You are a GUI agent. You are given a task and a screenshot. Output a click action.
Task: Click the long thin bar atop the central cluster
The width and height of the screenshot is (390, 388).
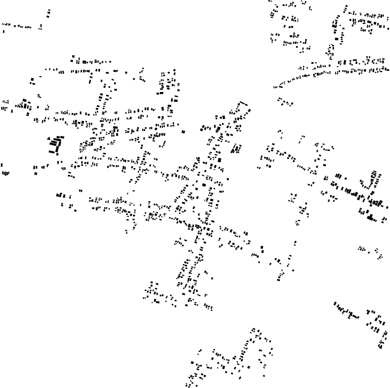tap(243, 103)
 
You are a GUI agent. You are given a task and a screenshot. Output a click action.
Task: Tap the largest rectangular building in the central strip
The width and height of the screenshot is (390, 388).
tap(220, 160)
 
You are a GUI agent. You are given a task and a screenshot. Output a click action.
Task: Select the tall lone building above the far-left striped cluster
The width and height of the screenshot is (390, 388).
tap(2, 165)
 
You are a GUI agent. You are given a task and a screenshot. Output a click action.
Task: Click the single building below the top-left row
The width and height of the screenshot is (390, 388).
tap(4, 31)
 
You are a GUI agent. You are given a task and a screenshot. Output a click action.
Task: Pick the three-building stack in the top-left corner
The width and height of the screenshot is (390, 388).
tap(49, 13)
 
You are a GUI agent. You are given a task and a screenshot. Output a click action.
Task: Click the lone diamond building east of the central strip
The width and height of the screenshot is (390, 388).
tap(228, 179)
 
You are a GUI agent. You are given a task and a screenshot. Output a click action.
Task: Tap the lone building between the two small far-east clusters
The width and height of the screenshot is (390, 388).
tap(369, 252)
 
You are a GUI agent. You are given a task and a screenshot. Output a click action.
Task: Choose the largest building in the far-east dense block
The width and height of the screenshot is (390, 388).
tap(370, 217)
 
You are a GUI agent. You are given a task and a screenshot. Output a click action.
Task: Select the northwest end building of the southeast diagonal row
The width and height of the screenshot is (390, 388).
tap(335, 304)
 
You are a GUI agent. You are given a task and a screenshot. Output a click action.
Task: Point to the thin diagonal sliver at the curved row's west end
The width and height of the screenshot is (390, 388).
tap(276, 87)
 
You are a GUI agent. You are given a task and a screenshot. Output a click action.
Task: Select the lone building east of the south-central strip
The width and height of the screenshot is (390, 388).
tap(212, 278)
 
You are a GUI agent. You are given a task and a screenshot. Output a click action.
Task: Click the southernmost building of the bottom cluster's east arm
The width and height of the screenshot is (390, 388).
tap(264, 375)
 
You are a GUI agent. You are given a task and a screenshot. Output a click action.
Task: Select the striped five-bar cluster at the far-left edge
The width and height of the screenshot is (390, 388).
tap(5, 173)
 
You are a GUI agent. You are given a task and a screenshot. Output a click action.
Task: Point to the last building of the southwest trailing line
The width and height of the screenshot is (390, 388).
tap(127, 232)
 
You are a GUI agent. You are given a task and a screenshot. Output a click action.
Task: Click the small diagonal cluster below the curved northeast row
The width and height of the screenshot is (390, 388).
tap(285, 102)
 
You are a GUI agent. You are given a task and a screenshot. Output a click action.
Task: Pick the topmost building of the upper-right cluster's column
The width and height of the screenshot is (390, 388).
tap(346, 7)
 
